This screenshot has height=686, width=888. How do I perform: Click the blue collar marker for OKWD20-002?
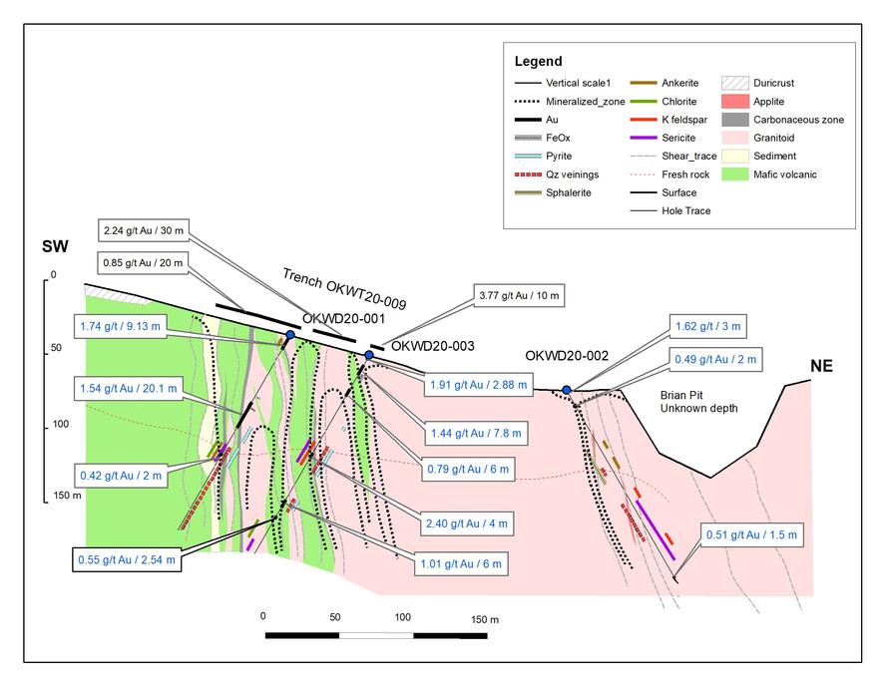pyautogui.click(x=567, y=390)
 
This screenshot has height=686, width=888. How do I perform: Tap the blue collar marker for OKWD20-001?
pyautogui.click(x=290, y=334)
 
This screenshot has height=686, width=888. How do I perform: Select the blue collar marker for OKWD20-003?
pyautogui.click(x=369, y=355)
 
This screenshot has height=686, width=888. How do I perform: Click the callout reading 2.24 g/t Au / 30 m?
pyautogui.click(x=144, y=230)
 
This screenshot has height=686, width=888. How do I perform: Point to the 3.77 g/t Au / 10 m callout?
pyautogui.click(x=519, y=295)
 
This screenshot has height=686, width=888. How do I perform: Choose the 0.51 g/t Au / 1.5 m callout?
pyautogui.click(x=751, y=534)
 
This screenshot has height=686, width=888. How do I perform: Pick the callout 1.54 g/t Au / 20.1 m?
pyautogui.click(x=129, y=389)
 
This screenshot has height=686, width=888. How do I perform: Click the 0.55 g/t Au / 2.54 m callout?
pyautogui.click(x=127, y=559)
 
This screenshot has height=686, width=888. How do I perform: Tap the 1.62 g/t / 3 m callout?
pyautogui.click(x=708, y=327)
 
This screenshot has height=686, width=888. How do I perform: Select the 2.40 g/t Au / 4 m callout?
pyautogui.click(x=467, y=523)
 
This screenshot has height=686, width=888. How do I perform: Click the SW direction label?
pyautogui.click(x=55, y=246)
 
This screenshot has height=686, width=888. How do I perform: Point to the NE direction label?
pyautogui.click(x=821, y=366)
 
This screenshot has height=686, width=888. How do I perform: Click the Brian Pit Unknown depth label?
pyautogui.click(x=698, y=402)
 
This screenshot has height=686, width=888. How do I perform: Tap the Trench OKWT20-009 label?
pyautogui.click(x=344, y=289)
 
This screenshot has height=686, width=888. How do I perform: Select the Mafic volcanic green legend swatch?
pyautogui.click(x=735, y=174)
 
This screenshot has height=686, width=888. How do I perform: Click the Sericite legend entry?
pyautogui.click(x=664, y=138)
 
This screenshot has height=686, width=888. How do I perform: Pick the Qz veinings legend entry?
pyautogui.click(x=556, y=174)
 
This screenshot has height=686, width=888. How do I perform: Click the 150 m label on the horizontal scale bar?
pyautogui.click(x=485, y=619)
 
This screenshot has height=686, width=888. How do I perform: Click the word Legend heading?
pyautogui.click(x=538, y=61)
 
